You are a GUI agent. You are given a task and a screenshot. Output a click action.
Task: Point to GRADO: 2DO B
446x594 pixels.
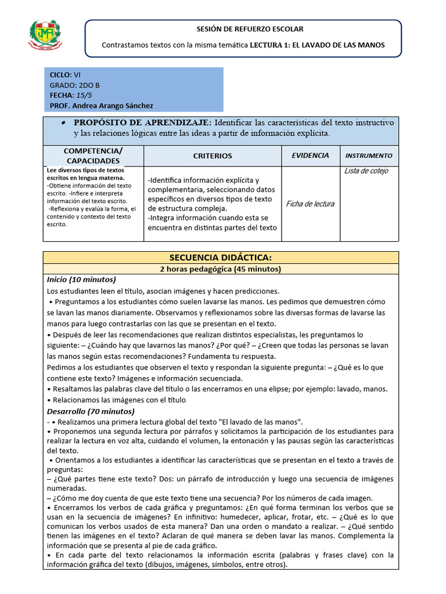click(x=74, y=85)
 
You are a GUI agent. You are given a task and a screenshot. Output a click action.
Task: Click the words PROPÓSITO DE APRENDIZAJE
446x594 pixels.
click(x=142, y=123)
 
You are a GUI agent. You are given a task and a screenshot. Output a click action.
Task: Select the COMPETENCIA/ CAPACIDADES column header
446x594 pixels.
click(x=93, y=155)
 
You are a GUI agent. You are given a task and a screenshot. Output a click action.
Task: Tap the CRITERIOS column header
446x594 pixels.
click(x=212, y=156)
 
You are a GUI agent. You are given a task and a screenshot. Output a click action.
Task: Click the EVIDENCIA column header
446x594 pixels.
click(x=310, y=155)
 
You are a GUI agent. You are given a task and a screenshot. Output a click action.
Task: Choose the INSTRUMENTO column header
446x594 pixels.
click(x=369, y=155)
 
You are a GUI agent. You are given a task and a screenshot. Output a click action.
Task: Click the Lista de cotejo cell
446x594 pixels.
click(x=366, y=171)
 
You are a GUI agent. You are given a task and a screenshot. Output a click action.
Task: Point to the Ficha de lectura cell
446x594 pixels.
click(x=310, y=204)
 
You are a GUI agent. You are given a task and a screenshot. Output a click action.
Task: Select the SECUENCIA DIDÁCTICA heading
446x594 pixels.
click(x=220, y=257)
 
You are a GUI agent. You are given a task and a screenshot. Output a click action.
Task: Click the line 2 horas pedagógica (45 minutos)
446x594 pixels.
click(x=220, y=269)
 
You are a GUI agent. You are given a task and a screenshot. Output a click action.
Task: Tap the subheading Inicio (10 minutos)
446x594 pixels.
click(x=81, y=280)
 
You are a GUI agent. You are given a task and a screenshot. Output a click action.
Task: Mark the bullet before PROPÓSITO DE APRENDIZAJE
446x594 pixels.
click(x=62, y=124)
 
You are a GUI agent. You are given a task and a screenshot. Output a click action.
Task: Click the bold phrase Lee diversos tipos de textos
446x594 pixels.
click(x=85, y=170)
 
